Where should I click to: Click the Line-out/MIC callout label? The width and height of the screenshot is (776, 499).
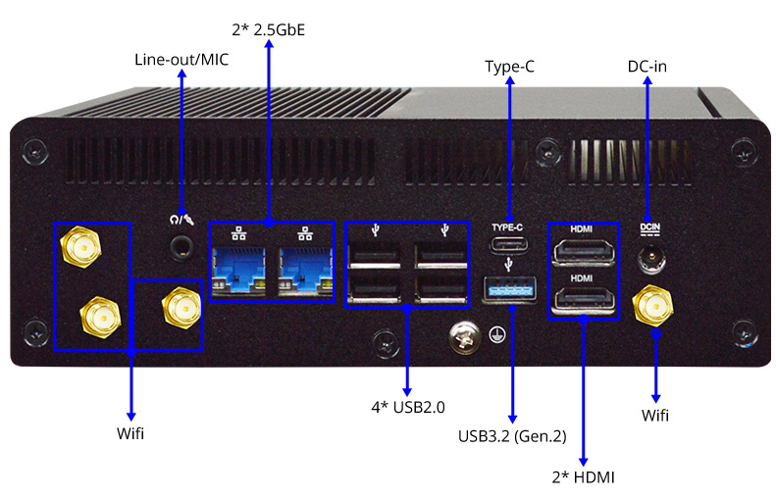click(x=181, y=60)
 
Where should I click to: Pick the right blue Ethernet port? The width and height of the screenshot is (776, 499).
click(x=304, y=269)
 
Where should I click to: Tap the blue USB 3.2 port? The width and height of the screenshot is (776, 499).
click(x=507, y=290)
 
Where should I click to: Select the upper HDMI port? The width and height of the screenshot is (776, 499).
click(x=582, y=254)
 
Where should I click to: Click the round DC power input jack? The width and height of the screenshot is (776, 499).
click(x=648, y=260)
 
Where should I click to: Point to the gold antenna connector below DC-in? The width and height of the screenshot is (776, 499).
click(x=649, y=306)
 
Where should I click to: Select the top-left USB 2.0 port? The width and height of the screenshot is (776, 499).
click(x=374, y=256)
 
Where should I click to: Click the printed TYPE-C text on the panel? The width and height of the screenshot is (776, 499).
click(x=507, y=227)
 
